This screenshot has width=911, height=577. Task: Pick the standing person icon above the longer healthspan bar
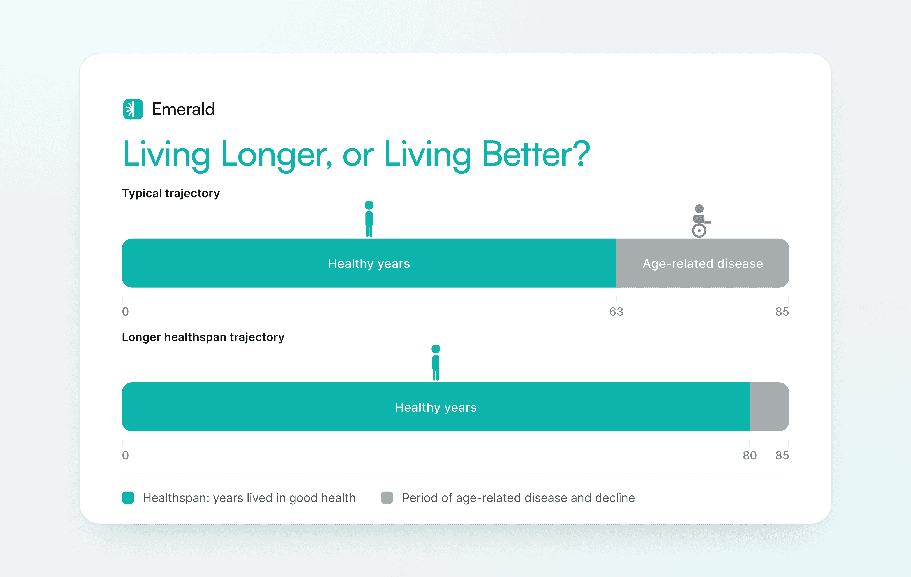(436, 362)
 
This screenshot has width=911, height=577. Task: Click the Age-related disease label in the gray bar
(703, 264)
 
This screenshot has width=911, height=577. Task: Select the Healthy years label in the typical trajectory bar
(369, 264)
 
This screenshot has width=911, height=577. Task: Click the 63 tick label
(616, 312)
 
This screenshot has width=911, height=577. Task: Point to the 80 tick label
(749, 456)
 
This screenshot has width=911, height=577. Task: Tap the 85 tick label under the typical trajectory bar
(782, 312)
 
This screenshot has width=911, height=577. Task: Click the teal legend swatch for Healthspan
(128, 497)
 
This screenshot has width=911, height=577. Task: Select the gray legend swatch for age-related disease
(387, 497)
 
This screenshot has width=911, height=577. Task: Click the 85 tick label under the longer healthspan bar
(782, 456)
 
